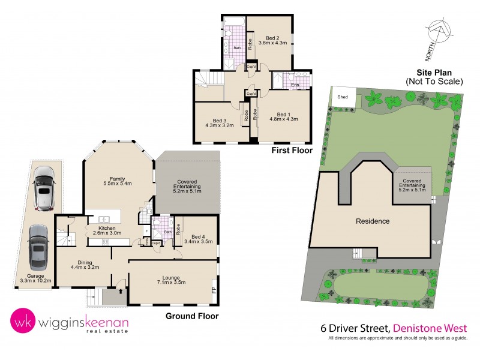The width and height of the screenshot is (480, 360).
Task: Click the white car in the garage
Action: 45,188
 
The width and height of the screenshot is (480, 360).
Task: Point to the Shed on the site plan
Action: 343,96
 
